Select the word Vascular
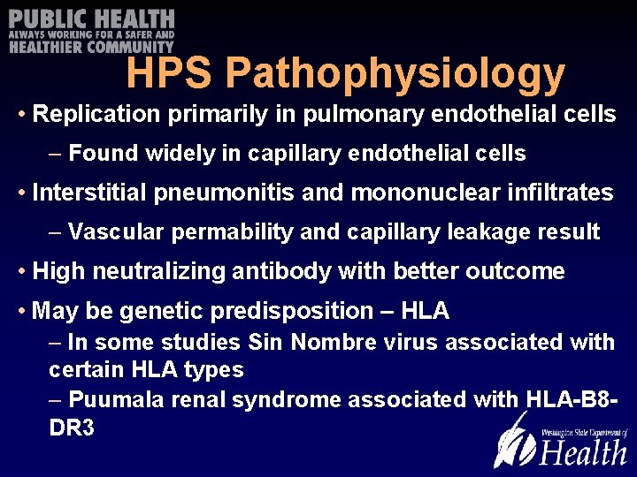(117, 232)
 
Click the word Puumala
(110, 400)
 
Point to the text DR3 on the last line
(72, 428)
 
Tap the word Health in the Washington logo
(583, 452)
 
